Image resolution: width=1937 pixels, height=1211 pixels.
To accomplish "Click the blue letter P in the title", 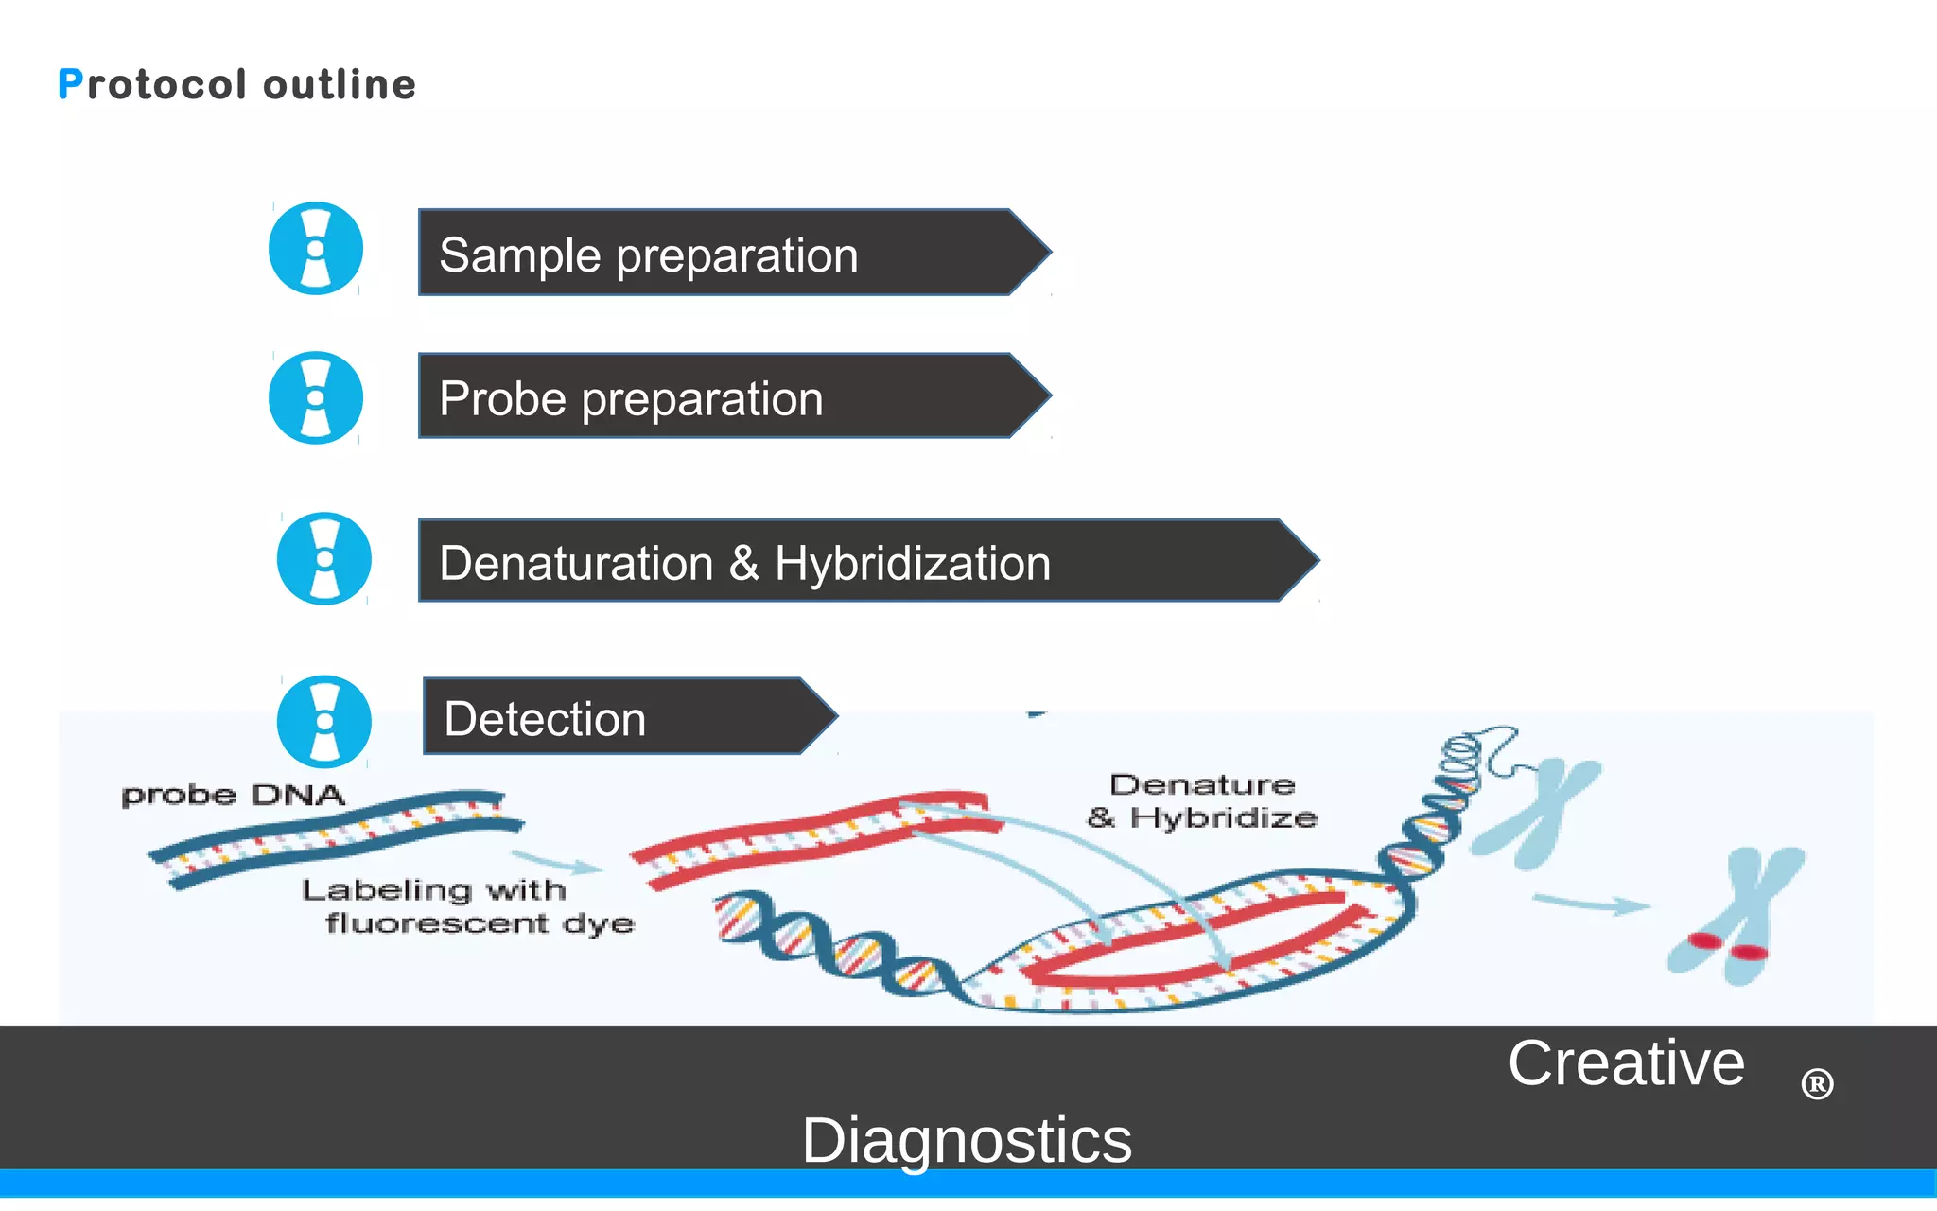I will pos(70,84).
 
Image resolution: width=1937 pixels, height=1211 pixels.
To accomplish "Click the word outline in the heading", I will pos(340,85).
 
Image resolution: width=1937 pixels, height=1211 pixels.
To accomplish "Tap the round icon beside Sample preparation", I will pos(316,249).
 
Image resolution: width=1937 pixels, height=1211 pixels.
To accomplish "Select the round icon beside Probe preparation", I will pos(316,397).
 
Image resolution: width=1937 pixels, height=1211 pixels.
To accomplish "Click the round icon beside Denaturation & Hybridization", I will pos(323,559).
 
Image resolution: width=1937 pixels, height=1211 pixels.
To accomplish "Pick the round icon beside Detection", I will pos(323,721).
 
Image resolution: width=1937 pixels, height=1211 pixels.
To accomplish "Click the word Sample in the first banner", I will pos(520,255).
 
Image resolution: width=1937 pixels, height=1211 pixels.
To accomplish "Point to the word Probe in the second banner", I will pos(502,399).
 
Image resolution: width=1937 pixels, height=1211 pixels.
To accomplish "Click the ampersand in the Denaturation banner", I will pos(743,563).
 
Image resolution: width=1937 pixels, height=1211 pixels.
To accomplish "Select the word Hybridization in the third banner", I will pos(912,564).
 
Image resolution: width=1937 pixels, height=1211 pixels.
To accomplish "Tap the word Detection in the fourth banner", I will pos(545,719).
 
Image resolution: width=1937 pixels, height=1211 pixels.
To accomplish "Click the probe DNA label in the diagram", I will pos(233,795).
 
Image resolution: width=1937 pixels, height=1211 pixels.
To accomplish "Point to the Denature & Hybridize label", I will pos(1203,801).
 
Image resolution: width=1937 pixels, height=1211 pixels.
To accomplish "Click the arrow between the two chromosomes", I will pos(1591,904).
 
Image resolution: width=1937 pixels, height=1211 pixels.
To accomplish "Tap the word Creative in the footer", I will pos(1625,1063).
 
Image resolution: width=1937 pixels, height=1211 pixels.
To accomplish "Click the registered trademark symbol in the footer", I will pos(1817,1084).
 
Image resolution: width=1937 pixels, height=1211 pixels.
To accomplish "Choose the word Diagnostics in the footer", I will pos(967,1140).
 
